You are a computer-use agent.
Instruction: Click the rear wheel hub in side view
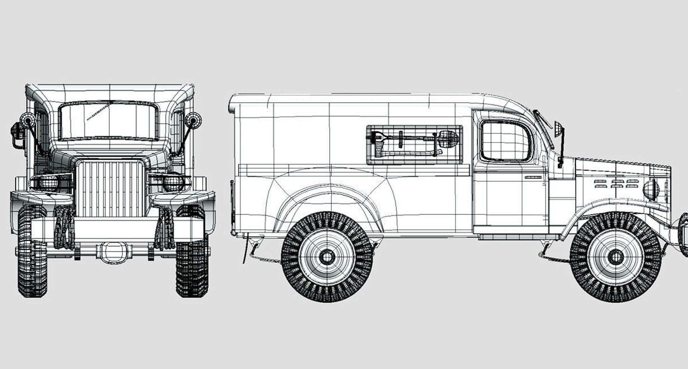tap(326, 257)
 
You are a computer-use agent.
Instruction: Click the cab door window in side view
tap(505, 141)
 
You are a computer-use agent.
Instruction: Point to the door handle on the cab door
tap(533, 177)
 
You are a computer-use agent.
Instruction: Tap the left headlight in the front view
tap(48, 182)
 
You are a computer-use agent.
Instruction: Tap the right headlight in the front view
tap(173, 182)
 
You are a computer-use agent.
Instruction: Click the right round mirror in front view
tap(193, 120)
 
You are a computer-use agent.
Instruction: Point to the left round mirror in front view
tap(27, 120)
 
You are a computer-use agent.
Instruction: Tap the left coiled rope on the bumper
tap(64, 228)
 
